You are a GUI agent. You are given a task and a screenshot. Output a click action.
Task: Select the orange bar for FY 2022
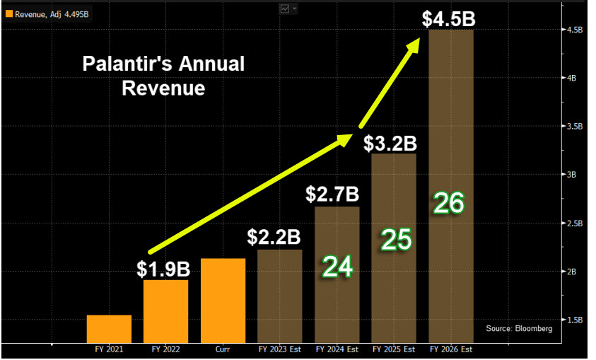coord(165,311)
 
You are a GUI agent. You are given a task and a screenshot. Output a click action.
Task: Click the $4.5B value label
coord(448,19)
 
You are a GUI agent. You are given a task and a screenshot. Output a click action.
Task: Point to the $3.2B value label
coord(390,144)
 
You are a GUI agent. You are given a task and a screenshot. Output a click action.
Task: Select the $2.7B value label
coord(333,193)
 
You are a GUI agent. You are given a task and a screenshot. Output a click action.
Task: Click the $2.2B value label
coord(274,238)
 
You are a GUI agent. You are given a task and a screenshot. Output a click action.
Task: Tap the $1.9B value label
coord(163,269)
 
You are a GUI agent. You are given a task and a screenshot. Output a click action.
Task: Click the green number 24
coord(337,267)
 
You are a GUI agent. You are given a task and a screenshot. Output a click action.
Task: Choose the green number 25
coord(397,240)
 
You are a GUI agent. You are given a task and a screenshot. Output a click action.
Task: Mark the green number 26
coord(450,204)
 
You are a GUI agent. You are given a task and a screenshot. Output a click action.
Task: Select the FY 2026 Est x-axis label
coord(451,349)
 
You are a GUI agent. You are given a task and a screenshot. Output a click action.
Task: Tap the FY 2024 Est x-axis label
coord(337,349)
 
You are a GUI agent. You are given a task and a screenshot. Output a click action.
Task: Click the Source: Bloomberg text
coord(519,329)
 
